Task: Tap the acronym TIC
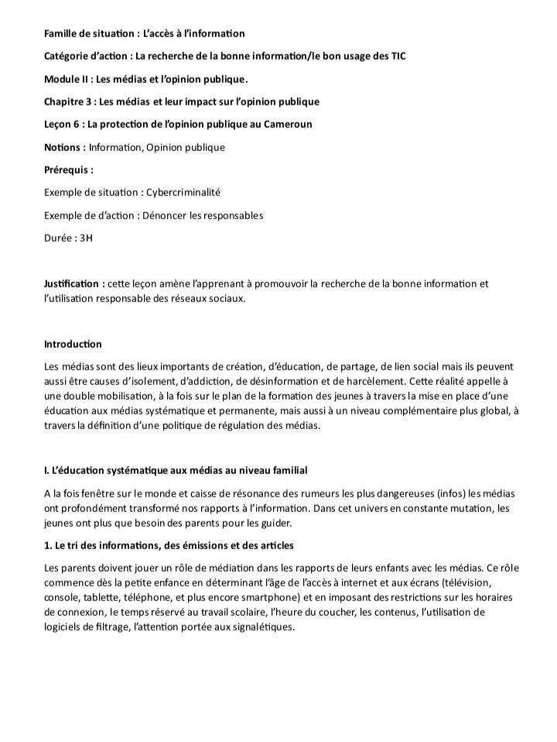click(x=396, y=56)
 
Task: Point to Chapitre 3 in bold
click(x=67, y=101)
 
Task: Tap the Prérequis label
click(x=68, y=170)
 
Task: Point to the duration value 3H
click(x=86, y=238)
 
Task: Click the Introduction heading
click(x=73, y=344)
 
